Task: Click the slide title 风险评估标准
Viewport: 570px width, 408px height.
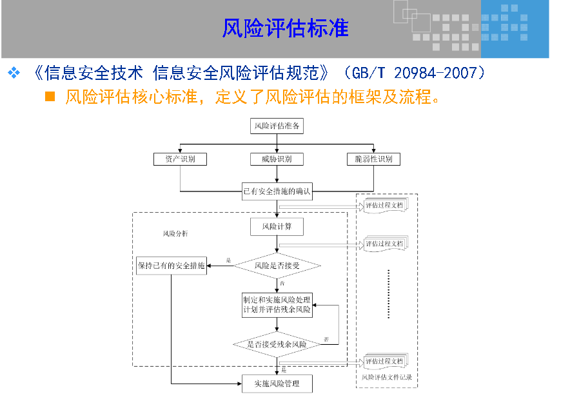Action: [x=285, y=29]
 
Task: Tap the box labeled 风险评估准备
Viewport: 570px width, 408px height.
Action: [x=277, y=126]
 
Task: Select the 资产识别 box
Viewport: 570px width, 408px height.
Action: [x=180, y=159]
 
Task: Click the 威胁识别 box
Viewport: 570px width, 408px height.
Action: [x=277, y=159]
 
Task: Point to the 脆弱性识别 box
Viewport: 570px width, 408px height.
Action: [x=373, y=159]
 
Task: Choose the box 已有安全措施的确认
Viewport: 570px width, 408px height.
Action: [x=277, y=191]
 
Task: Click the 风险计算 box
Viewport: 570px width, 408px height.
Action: [x=277, y=227]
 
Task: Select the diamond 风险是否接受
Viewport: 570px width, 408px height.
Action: [x=277, y=265]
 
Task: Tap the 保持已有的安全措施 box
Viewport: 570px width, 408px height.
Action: [x=172, y=265]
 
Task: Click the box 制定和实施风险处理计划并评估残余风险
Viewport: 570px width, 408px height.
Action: [x=277, y=305]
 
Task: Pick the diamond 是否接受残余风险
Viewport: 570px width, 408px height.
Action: [x=277, y=344]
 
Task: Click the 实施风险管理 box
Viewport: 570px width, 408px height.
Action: [x=277, y=384]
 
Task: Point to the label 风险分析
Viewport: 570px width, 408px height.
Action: [x=175, y=233]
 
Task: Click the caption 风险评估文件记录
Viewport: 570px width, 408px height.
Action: [x=386, y=377]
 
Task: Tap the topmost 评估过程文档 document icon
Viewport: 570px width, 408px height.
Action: [x=385, y=206]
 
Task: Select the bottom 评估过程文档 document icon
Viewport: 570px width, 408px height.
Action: [x=385, y=362]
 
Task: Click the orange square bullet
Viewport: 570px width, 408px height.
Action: [x=50, y=97]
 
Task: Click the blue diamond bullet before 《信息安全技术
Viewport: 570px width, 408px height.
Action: [x=14, y=73]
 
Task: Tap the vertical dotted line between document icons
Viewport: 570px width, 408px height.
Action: [x=389, y=293]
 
